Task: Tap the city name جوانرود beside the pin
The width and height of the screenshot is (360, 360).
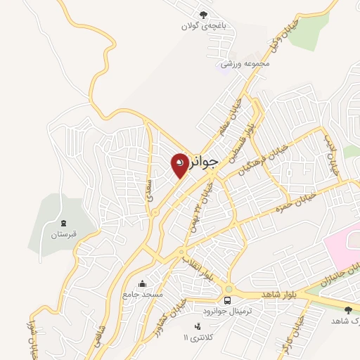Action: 205,162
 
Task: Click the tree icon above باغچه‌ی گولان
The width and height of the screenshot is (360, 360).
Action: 204,15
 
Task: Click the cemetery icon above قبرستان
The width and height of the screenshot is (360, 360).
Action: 62,224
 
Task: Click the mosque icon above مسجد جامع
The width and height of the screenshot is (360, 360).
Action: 143,284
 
